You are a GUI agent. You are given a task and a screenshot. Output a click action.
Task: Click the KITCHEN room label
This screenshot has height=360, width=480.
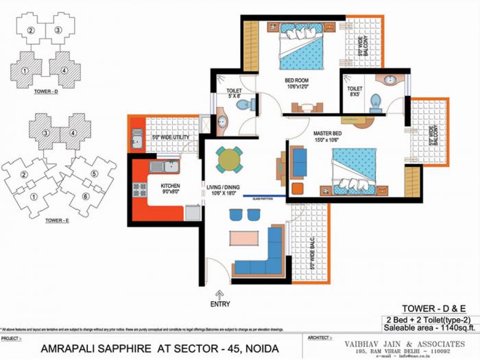coord(169,186)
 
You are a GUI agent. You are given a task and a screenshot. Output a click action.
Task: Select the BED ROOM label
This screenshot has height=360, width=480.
coord(297,80)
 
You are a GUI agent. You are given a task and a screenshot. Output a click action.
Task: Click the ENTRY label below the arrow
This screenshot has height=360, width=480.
coord(220,304)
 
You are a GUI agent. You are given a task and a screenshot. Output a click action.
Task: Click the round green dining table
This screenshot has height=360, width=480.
coord(228,160)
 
